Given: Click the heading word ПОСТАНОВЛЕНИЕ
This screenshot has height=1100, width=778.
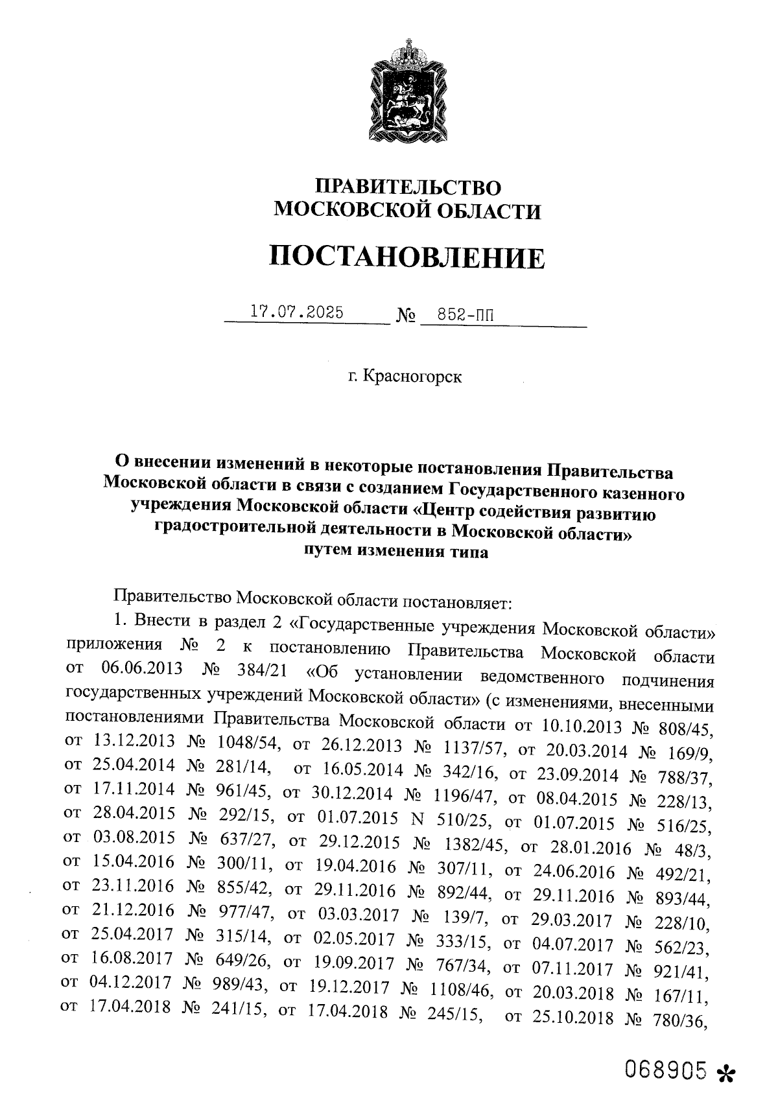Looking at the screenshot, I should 407,258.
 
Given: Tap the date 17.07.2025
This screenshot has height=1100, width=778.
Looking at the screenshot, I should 298,312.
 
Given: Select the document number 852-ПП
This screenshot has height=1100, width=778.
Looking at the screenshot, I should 465,315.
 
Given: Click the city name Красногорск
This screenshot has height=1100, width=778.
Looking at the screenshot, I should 412,377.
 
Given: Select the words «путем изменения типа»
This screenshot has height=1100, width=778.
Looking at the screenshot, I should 396,552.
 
